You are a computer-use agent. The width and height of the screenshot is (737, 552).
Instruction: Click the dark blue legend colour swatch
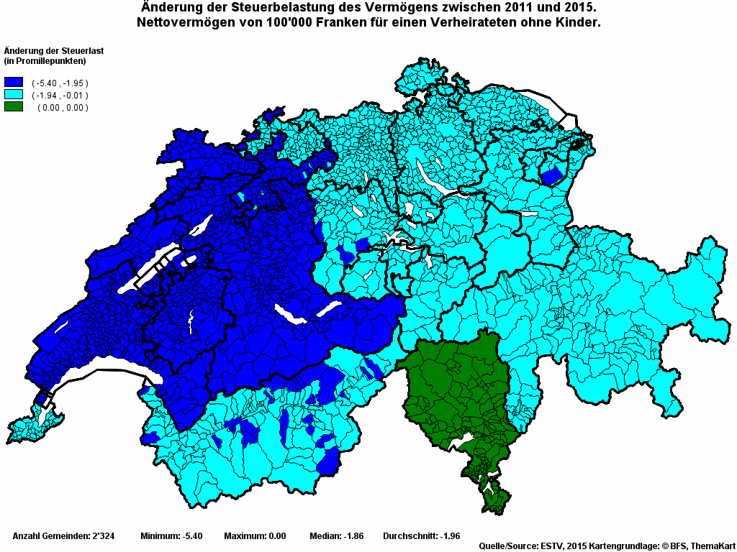click(x=14, y=83)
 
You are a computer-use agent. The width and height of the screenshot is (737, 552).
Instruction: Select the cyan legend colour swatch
click(x=14, y=95)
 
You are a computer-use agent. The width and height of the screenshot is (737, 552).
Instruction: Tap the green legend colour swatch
click(x=14, y=107)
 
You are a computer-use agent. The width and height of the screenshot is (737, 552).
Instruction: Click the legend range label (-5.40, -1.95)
click(x=60, y=83)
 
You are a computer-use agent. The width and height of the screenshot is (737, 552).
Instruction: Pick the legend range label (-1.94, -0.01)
click(x=60, y=96)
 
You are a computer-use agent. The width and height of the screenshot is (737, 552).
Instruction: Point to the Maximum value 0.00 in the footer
click(x=274, y=536)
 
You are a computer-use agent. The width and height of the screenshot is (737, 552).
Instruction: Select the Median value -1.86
click(x=353, y=536)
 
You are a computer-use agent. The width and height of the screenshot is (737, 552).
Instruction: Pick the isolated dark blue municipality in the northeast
click(x=551, y=175)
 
